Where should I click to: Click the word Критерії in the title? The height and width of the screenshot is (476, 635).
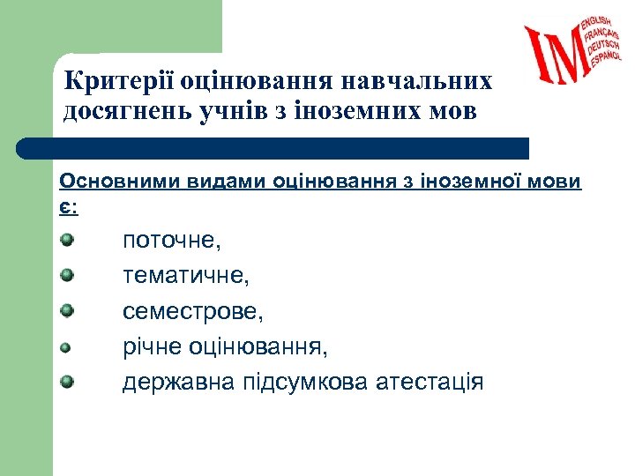118,81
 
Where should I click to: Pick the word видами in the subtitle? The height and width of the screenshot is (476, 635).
222,181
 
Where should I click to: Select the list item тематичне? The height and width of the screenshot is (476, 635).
186,275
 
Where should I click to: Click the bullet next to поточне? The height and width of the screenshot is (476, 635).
66,239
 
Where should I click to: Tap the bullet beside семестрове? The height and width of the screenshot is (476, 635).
66,310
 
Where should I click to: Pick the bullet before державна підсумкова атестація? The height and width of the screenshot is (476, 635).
66,382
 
